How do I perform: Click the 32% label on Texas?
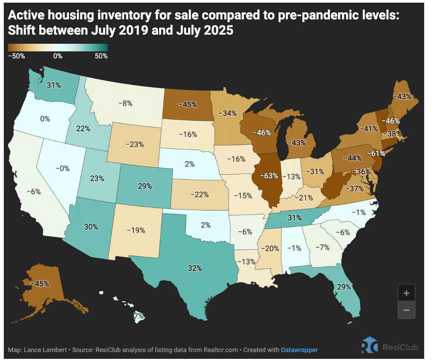[x=195, y=268]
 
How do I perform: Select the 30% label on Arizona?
[x=91, y=227]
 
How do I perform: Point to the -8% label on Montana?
[x=125, y=103]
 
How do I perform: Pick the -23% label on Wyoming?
[x=134, y=144]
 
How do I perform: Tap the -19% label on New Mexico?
[x=136, y=230]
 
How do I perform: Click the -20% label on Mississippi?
[x=271, y=248]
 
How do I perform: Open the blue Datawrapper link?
[x=299, y=349]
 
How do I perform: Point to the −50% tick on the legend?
[x=17, y=56]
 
